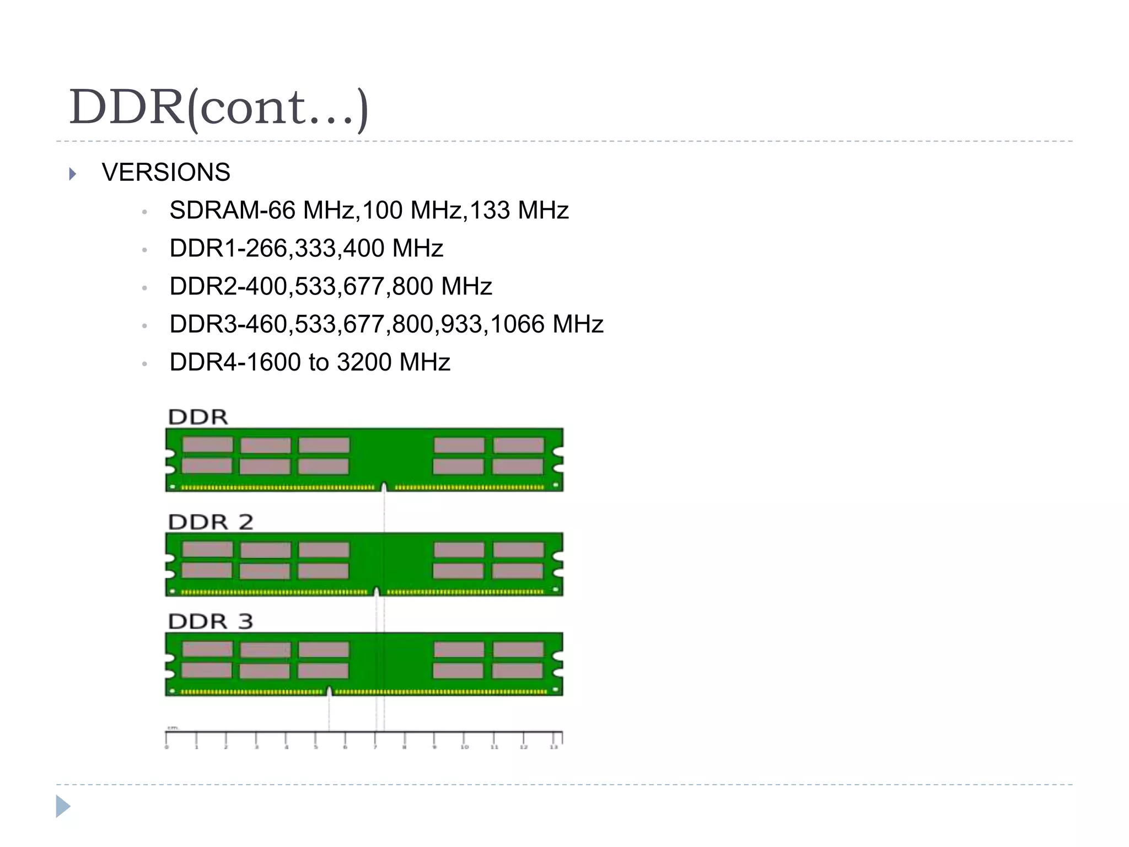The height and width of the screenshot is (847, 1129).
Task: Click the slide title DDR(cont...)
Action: pos(218,108)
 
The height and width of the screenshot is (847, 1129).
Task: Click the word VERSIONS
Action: pos(166,173)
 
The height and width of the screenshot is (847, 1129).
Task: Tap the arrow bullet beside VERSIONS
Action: pos(73,174)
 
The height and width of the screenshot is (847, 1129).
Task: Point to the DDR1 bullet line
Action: pos(306,249)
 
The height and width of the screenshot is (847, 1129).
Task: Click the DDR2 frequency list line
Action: pos(330,287)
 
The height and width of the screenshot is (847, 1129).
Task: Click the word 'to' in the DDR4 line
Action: pos(319,362)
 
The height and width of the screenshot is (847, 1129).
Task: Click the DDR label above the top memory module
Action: pos(198,417)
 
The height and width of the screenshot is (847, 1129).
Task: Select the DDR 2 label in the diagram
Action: pos(211,522)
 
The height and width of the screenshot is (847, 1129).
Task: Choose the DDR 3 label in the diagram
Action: pos(211,621)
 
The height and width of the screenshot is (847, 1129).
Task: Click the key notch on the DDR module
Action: pos(384,486)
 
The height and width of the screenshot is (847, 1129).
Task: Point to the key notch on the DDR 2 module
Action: pos(377,591)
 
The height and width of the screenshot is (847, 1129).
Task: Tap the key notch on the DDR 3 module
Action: pos(329,691)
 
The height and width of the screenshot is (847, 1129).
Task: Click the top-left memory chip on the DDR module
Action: pos(208,444)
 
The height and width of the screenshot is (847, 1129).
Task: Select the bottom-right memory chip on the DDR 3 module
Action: pos(518,671)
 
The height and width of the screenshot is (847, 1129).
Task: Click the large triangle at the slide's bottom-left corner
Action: pos(63,806)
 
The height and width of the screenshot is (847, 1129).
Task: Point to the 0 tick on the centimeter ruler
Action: pos(166,739)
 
